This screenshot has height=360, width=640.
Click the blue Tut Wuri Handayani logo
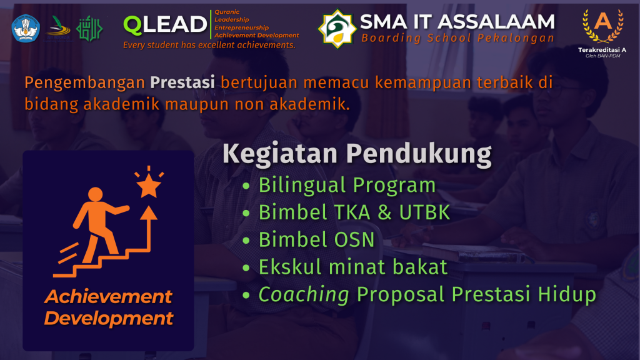(26, 29)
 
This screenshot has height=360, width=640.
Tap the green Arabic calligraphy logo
(89, 29)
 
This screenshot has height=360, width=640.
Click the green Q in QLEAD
(132, 24)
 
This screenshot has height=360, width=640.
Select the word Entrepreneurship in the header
(242, 27)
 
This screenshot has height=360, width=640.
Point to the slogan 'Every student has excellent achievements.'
(209, 45)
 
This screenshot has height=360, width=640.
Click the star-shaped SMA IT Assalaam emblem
(337, 29)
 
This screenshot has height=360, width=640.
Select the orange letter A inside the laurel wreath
(603, 21)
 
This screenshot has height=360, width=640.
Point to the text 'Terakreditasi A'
(602, 50)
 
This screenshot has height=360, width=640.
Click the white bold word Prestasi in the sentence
(182, 82)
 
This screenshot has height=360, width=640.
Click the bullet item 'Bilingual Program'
(347, 185)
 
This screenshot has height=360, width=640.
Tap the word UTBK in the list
(424, 212)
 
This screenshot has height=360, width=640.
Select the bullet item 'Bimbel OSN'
(317, 239)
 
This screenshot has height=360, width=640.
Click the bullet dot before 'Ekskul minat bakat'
(246, 267)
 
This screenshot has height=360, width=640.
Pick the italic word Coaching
(304, 295)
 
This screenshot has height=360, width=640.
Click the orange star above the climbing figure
(149, 185)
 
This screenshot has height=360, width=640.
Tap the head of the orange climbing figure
(96, 194)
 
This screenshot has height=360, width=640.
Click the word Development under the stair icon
(109, 319)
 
